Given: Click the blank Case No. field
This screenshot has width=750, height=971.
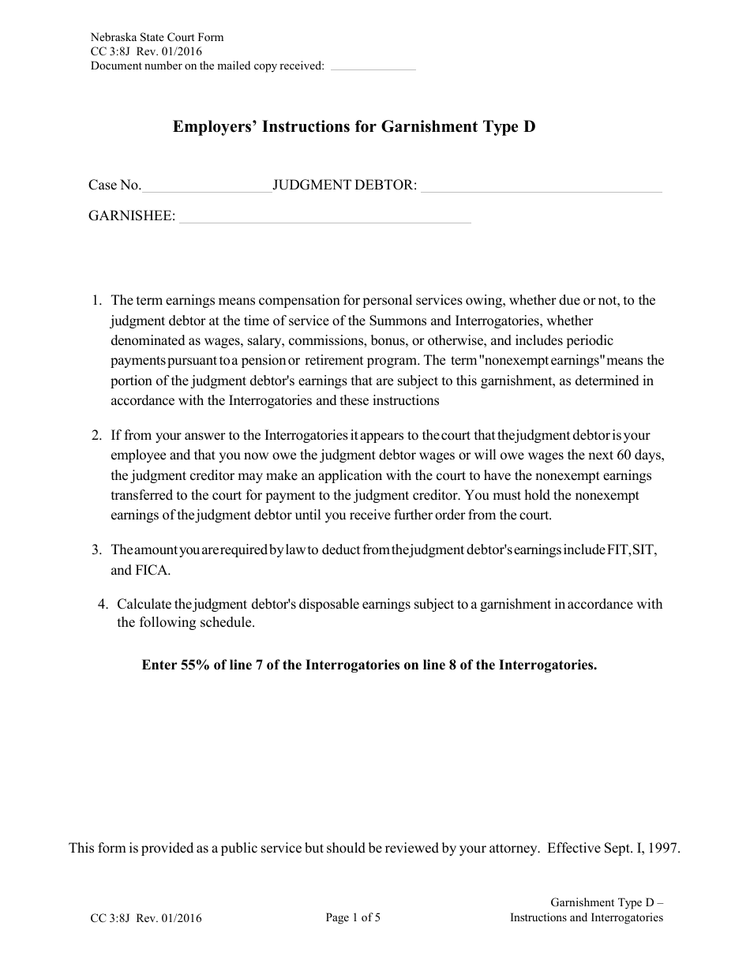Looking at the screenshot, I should [x=207, y=186].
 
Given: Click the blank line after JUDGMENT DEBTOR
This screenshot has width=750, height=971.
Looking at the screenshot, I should [x=541, y=186].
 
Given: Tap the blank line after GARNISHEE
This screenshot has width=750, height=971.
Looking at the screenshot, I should [x=325, y=217].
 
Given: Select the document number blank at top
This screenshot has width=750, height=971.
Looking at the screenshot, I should [x=373, y=66].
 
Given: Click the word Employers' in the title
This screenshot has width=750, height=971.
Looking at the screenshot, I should [x=212, y=126].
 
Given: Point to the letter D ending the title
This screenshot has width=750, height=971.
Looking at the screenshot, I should [x=529, y=126].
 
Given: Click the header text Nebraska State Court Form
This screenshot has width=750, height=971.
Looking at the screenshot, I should [x=157, y=37].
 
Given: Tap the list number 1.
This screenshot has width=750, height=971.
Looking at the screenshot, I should [x=96, y=300].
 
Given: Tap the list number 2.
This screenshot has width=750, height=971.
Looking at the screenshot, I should [x=96, y=435].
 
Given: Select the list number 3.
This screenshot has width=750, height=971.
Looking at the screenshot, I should [x=96, y=549].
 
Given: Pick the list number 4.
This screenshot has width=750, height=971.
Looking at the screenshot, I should [x=102, y=604].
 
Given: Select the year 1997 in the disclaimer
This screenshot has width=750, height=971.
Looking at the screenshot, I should [x=664, y=849].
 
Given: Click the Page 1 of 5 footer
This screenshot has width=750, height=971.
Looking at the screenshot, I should [x=353, y=917].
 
